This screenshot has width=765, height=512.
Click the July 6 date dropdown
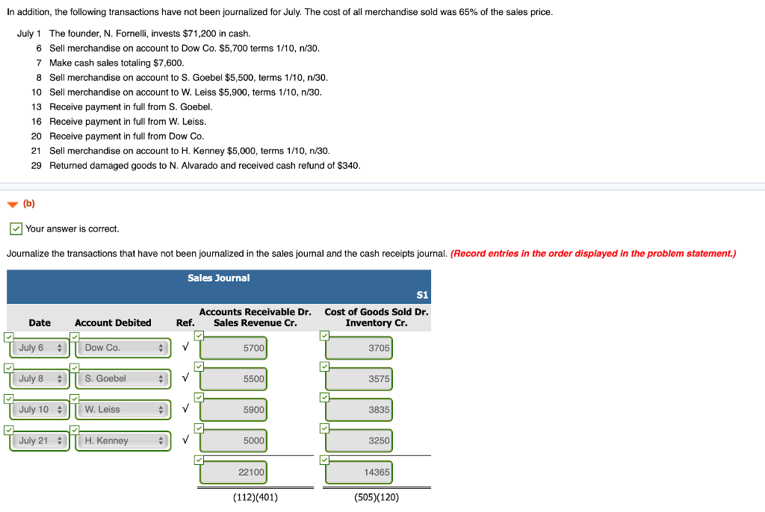[39, 348]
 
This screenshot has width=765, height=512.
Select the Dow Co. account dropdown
[123, 348]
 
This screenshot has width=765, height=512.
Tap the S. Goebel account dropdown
[123, 378]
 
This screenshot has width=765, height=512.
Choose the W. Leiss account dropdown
[123, 410]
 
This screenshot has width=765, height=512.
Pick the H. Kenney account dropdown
[123, 440]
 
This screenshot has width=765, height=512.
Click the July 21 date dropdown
[39, 440]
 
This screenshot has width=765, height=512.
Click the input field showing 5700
[233, 349]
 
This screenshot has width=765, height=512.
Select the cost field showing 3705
[359, 349]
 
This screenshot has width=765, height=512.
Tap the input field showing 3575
[359, 379]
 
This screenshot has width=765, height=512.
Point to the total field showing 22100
[233, 472]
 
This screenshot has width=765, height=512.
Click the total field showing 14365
[359, 472]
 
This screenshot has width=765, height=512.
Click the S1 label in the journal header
[422, 296]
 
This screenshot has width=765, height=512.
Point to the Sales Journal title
[218, 278]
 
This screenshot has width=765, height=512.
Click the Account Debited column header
[113, 323]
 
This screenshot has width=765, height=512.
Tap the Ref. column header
[185, 323]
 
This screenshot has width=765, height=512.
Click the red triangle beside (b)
[12, 204]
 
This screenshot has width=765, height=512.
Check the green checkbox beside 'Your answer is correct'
[16, 228]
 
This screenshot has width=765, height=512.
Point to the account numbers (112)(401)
[255, 498]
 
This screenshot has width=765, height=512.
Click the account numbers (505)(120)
[377, 498]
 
